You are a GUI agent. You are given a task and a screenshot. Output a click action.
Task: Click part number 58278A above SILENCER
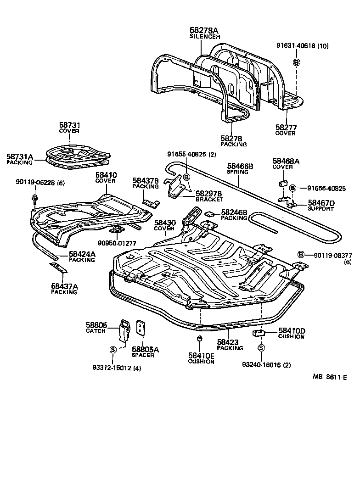tap(205, 30)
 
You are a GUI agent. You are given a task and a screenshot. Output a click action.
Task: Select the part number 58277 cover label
tap(285, 127)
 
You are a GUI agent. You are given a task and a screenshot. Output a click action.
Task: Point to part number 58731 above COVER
tap(69, 125)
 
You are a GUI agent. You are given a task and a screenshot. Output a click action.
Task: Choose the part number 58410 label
tap(106, 175)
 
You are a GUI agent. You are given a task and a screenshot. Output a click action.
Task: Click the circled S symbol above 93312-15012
tap(112, 350)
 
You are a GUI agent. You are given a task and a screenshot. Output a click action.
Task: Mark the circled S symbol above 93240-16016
tap(261, 348)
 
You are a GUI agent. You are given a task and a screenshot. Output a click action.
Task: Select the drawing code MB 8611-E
tap(330, 377)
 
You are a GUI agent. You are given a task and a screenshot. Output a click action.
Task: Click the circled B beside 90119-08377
tap(301, 255)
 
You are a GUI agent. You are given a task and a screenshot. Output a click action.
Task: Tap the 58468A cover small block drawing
tap(282, 184)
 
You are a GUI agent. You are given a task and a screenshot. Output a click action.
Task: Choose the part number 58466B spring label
tap(240, 166)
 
